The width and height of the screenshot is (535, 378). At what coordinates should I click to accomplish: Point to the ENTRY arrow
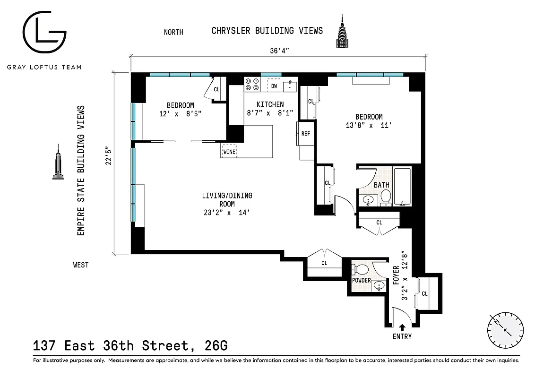click(x=402, y=327)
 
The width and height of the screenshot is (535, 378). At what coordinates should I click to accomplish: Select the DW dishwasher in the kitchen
click(x=274, y=86)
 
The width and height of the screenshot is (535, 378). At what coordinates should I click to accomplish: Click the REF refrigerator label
click(x=306, y=133)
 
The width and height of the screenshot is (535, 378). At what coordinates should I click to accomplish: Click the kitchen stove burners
click(x=251, y=84)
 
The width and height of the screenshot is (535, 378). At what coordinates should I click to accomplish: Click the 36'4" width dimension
click(x=278, y=51)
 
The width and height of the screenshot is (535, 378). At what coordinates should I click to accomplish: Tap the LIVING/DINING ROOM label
click(x=227, y=200)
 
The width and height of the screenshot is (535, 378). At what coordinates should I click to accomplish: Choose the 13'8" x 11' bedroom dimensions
click(x=369, y=126)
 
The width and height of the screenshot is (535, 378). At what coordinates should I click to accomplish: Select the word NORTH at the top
click(x=173, y=32)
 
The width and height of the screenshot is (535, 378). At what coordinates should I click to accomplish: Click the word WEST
click(x=81, y=265)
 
